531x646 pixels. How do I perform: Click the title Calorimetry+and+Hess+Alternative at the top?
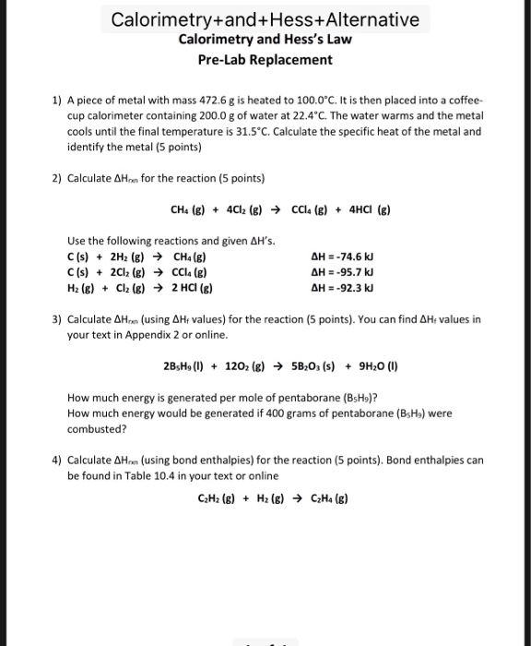[x=265, y=18]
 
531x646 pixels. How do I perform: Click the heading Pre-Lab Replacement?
[x=265, y=59]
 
